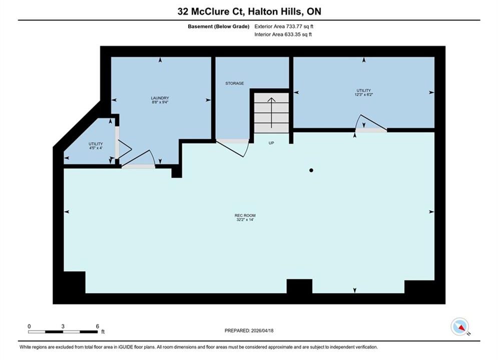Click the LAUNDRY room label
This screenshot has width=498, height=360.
pyautogui.click(x=160, y=98)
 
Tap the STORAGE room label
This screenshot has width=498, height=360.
pyautogui.click(x=235, y=83)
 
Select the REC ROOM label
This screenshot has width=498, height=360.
pyautogui.click(x=245, y=215)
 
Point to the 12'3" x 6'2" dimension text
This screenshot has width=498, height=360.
pyautogui.click(x=364, y=94)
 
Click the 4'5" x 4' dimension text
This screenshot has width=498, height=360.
pyautogui.click(x=96, y=148)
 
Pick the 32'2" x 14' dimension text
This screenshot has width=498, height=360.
pyautogui.click(x=245, y=219)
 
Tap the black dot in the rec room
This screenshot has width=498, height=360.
pyautogui.click(x=311, y=170)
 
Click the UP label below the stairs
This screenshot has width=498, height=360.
pyautogui.click(x=271, y=143)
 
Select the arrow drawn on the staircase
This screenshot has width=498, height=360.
pyautogui.click(x=271, y=112)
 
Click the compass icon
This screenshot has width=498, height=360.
pyautogui.click(x=460, y=326)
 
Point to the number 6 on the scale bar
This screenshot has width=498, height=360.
pyautogui.click(x=98, y=326)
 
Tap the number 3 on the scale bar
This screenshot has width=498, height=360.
pyautogui.click(x=63, y=326)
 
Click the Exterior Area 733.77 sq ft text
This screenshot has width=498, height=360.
pyautogui.click(x=284, y=26)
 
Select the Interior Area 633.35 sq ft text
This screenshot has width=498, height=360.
pyautogui.click(x=283, y=34)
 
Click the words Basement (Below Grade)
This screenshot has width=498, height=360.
pyautogui.click(x=219, y=26)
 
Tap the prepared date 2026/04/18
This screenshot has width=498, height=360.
pyautogui.click(x=262, y=330)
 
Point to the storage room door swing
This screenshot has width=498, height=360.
pyautogui.click(x=233, y=148)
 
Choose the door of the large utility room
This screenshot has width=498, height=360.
pyautogui.click(x=371, y=123)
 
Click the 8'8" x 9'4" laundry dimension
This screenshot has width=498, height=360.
pyautogui.click(x=160, y=102)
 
